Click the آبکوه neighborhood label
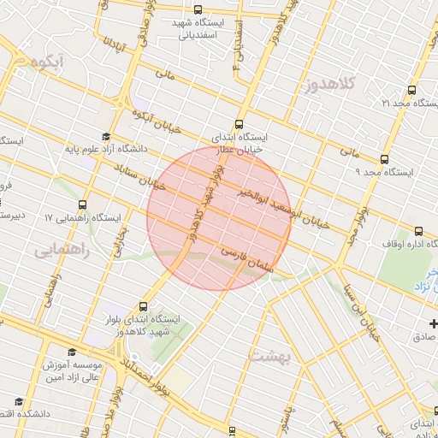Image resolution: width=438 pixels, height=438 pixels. [47, 63]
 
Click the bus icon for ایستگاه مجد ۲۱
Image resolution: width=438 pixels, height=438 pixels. [412, 89]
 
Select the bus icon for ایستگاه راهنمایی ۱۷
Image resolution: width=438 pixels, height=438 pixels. [82, 204]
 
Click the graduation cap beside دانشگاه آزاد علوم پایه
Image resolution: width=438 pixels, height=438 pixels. [106, 136]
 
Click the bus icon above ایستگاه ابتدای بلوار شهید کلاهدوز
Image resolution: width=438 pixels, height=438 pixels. [142, 305]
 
